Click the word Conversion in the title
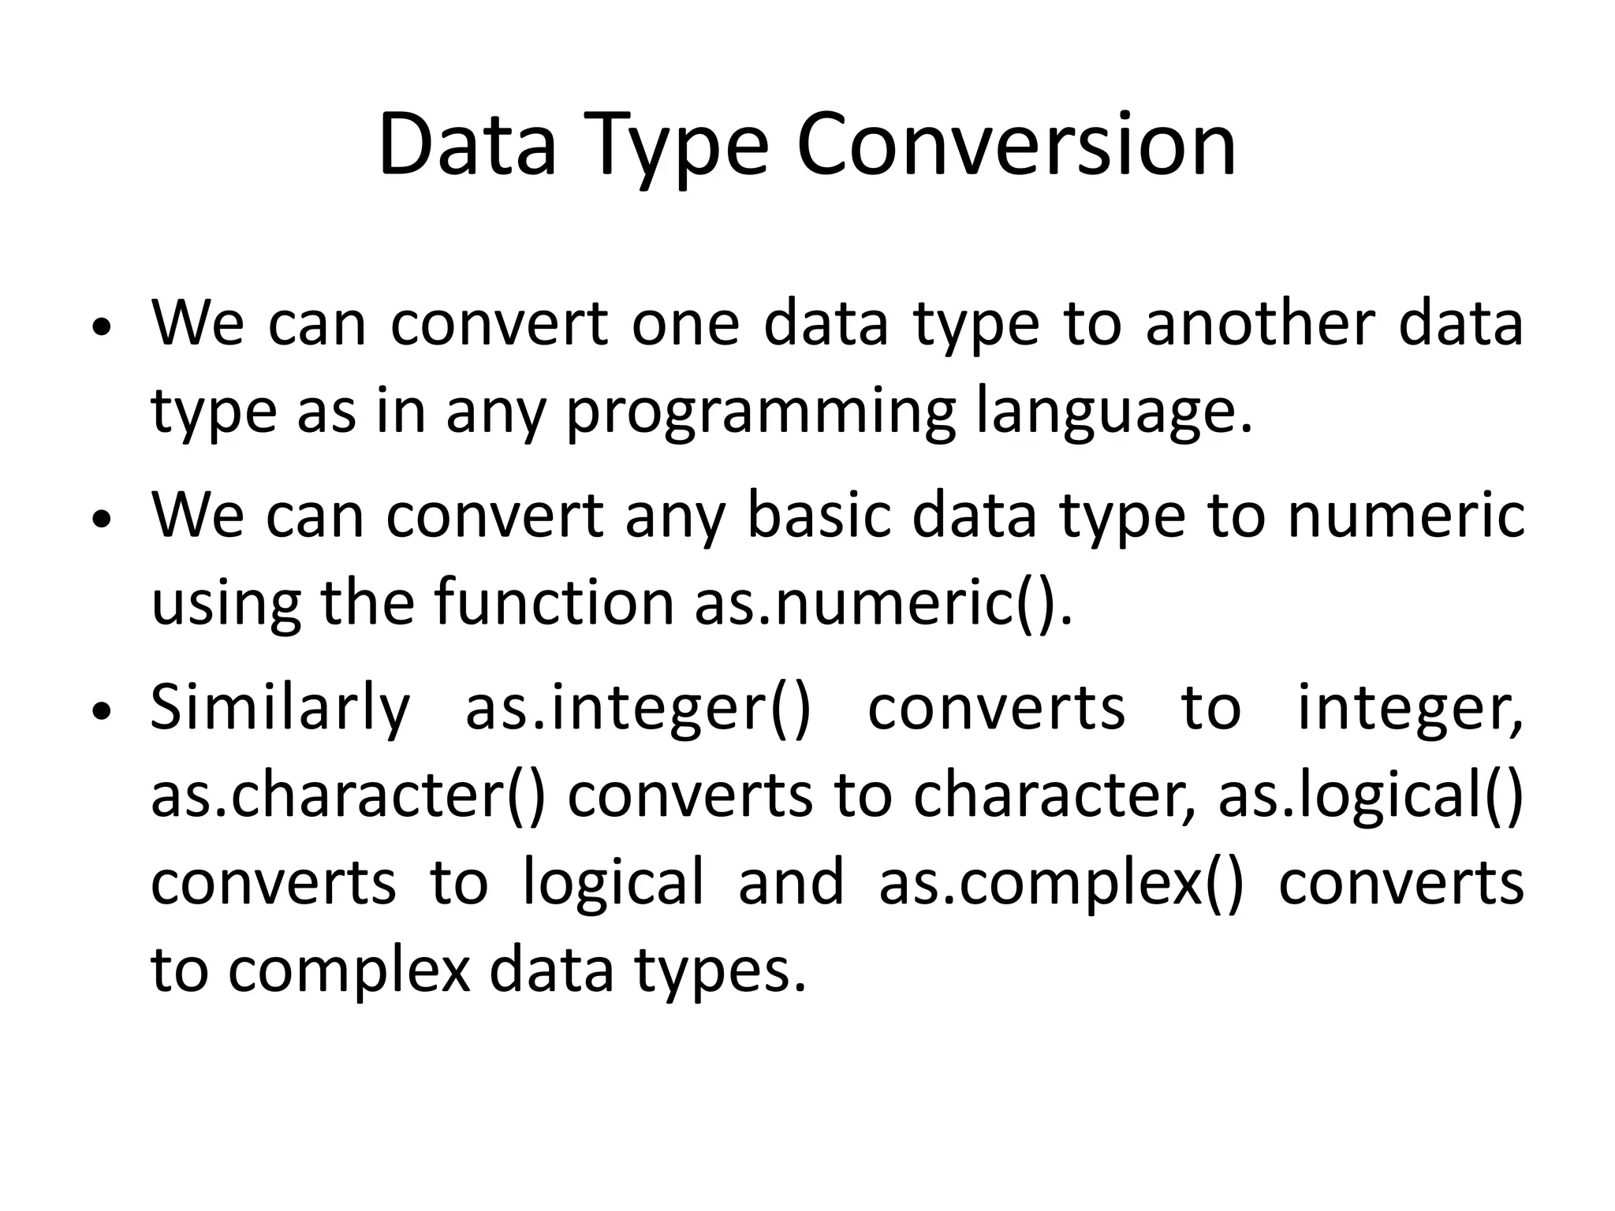[1016, 147]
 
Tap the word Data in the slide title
[467, 147]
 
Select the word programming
[760, 412]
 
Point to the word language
[1113, 412]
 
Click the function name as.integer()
[637, 708]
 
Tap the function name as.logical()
[1371, 796]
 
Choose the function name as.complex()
[1061, 883]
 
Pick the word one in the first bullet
[684, 324]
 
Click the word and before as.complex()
[790, 883]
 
